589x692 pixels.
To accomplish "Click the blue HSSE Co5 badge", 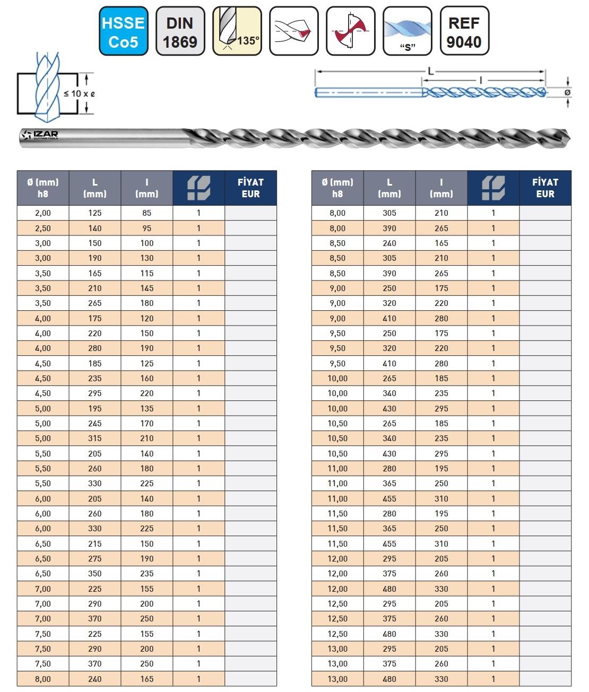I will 123,32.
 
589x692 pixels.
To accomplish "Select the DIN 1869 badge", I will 180,32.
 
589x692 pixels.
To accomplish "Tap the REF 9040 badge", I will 464,32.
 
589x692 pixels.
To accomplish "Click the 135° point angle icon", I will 237,32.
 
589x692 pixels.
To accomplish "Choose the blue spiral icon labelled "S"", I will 407,32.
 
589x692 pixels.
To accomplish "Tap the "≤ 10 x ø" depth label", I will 79,94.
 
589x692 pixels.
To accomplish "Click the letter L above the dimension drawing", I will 431,71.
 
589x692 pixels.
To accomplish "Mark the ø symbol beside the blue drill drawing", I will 568,92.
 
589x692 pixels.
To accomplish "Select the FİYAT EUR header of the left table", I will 250,188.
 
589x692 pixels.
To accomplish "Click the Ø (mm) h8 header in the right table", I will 337,188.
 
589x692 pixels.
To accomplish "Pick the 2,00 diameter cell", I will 43,213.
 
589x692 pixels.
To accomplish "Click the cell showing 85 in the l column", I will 146,213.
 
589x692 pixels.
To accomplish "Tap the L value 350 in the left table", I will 95,573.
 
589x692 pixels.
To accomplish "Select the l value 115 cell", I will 146,273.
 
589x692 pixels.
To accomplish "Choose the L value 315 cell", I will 95,438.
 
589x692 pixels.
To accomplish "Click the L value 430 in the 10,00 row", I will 389,408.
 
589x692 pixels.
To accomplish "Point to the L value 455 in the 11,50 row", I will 389,544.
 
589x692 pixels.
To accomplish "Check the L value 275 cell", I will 95,558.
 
